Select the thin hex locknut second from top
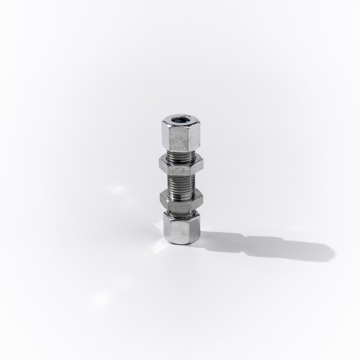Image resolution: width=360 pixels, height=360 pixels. point(181,166)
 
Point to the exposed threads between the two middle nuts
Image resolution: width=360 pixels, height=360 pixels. point(181,183)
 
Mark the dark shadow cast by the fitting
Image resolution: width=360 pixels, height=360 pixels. point(269,246)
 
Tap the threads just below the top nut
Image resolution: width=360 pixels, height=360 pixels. point(181,156)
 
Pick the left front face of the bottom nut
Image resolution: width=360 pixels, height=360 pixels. point(175,231)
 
